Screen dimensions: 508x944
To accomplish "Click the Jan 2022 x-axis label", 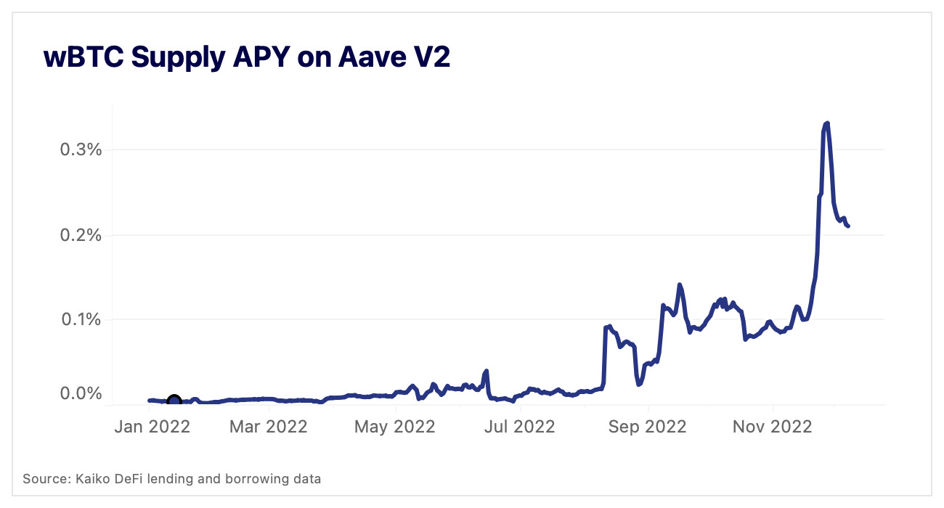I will [x=152, y=427].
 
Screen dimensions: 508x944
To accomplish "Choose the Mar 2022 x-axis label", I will [x=269, y=427].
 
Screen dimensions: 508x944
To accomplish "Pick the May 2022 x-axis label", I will [x=395, y=427].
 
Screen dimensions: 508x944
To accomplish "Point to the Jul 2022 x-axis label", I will [x=519, y=427].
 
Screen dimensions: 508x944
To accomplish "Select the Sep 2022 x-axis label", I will [x=647, y=427].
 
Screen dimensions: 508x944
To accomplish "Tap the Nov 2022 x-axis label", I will [x=772, y=427].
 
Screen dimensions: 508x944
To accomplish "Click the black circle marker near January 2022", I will [x=174, y=401].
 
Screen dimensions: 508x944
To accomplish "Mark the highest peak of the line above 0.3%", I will [x=827, y=123].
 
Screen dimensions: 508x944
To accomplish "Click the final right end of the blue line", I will [x=848, y=226].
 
